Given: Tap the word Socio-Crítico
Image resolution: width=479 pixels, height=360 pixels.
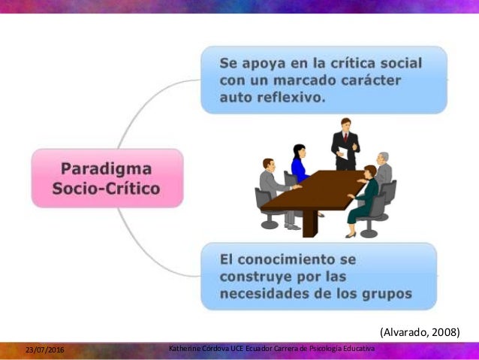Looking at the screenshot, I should pos(106,188).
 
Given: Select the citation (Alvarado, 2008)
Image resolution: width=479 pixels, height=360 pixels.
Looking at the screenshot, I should pos(419,331).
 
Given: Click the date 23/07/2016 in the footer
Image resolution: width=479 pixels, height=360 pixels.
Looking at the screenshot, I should pos(44,351).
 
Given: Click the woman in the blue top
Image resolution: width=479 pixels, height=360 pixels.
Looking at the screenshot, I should pos(299,163).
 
